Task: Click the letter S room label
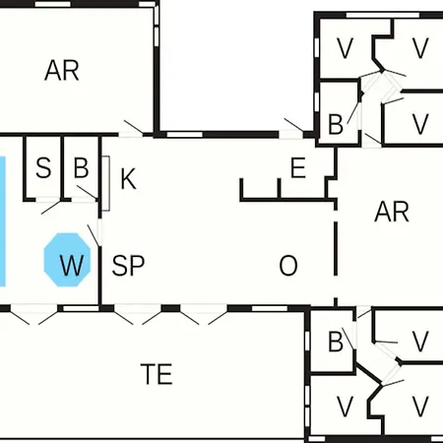(x=43, y=168)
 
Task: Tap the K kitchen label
(x=128, y=179)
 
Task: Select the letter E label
(x=298, y=167)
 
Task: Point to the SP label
(x=128, y=265)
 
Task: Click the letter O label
(x=288, y=265)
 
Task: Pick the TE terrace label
(x=157, y=374)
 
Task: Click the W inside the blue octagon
(x=72, y=265)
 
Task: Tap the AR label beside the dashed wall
(x=392, y=212)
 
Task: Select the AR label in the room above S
(x=62, y=70)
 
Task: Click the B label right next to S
(x=81, y=167)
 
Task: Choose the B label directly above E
(x=336, y=124)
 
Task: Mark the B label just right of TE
(x=336, y=342)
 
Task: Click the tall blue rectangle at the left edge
(x=2, y=221)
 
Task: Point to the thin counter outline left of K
(x=105, y=183)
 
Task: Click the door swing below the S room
(x=51, y=208)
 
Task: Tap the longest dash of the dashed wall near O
(x=336, y=248)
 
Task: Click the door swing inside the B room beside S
(x=87, y=192)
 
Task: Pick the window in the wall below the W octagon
(x=81, y=308)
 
